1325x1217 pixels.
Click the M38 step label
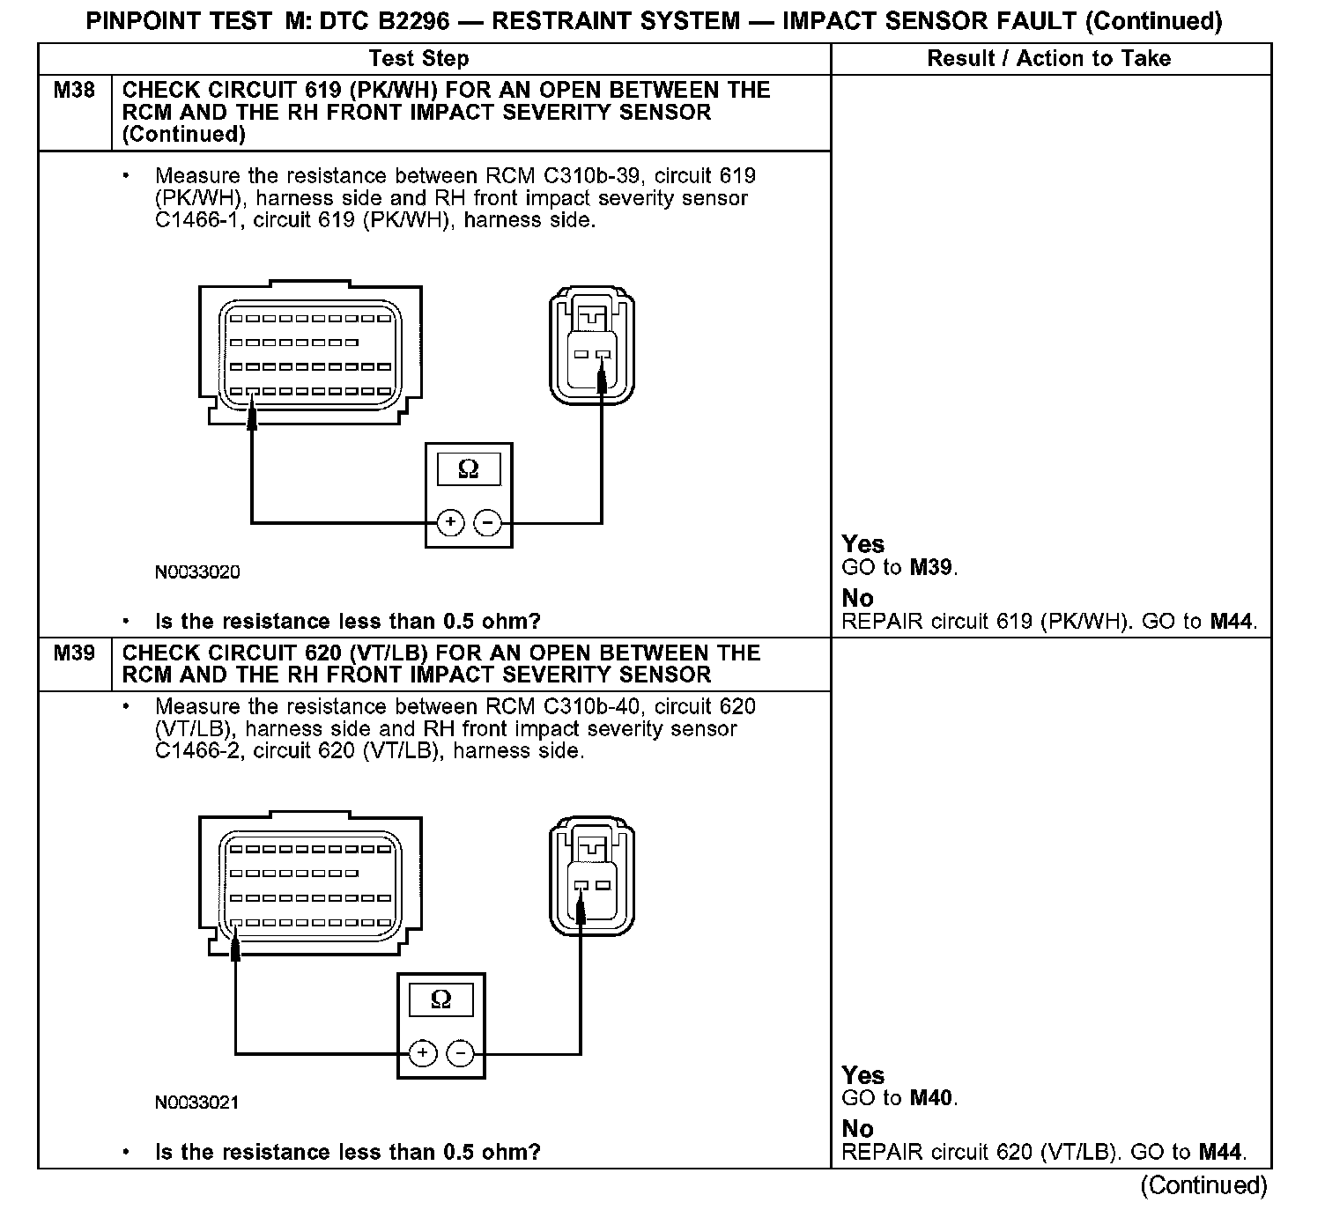pos(74,90)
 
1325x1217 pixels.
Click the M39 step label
pos(74,653)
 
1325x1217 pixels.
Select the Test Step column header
pos(418,58)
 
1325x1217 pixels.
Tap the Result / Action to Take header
pos(1048,58)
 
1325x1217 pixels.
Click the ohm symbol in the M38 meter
pos(469,469)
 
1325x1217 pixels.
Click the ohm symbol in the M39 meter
pos(440,999)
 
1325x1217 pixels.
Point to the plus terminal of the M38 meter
pos(450,523)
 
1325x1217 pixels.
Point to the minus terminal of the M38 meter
pos(487,523)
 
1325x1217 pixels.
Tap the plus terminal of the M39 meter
pos(422,1053)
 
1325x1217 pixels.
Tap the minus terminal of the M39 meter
pos(459,1053)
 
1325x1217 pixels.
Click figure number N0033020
pos(197,572)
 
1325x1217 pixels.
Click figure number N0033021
pos(197,1103)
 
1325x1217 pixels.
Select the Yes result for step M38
pos(862,544)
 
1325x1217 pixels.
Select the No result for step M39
pos(857,1129)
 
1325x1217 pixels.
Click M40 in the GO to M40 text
pos(931,1098)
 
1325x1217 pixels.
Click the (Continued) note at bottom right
pos(1203,1185)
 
